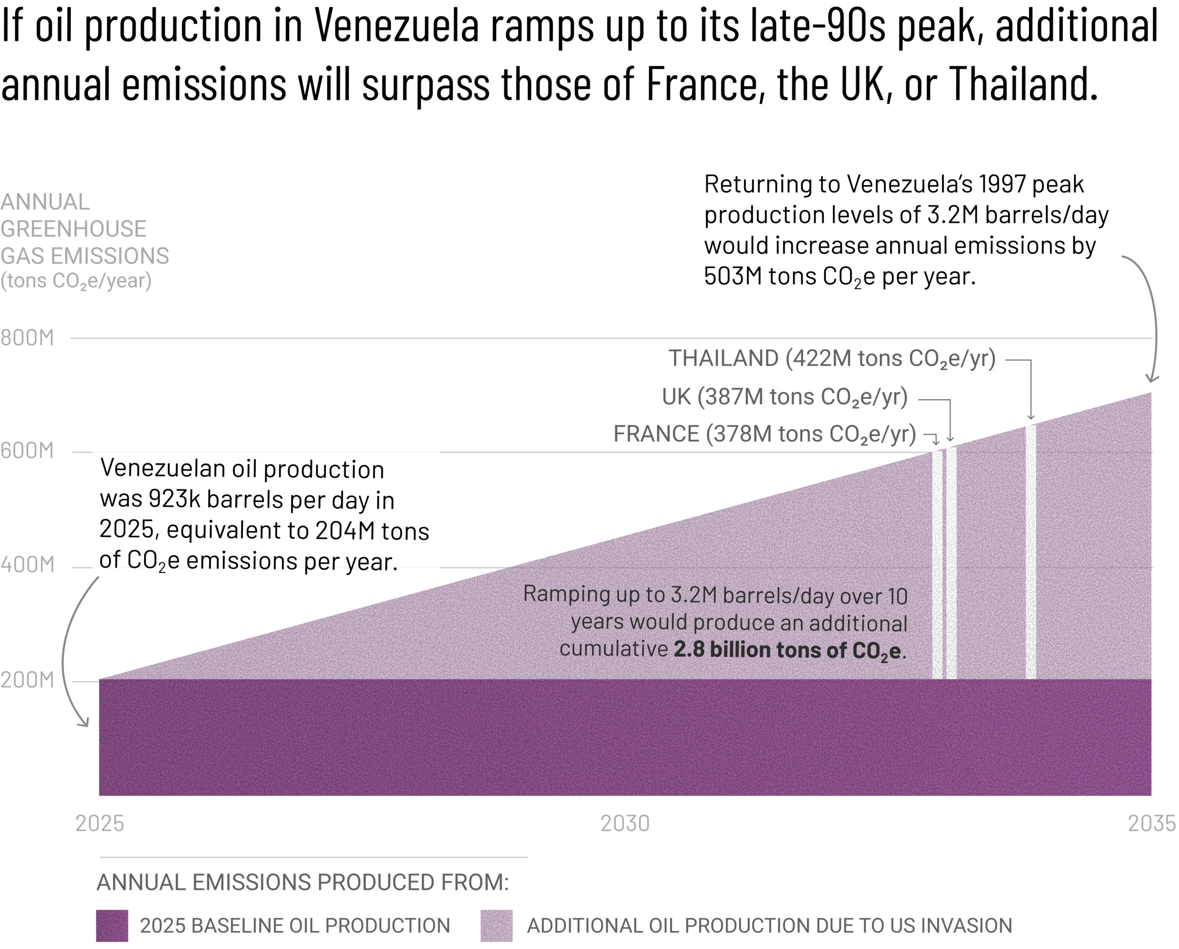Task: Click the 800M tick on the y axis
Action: [x=27, y=338]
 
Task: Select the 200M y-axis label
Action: [x=27, y=680]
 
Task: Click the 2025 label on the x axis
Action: [x=99, y=823]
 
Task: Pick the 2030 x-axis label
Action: [x=625, y=823]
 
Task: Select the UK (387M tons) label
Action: [x=785, y=397]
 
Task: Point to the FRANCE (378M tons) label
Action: [x=765, y=434]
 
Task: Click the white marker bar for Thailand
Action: [x=1031, y=552]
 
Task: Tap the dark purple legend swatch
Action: [x=112, y=926]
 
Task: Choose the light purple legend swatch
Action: [x=496, y=926]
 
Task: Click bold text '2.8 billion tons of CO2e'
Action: [x=787, y=650]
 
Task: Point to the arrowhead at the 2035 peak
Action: [x=1152, y=379]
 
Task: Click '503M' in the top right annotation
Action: [x=733, y=276]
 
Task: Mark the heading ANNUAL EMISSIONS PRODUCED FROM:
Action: [x=303, y=882]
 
